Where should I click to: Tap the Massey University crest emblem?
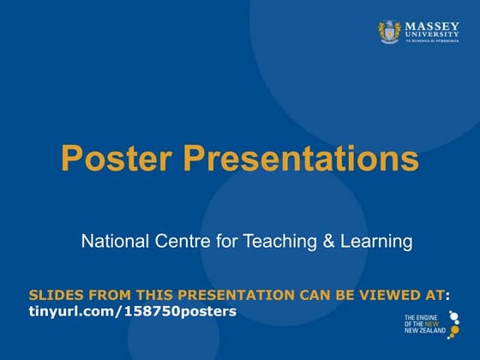click(x=390, y=33)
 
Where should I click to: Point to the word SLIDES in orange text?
click(x=54, y=295)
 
